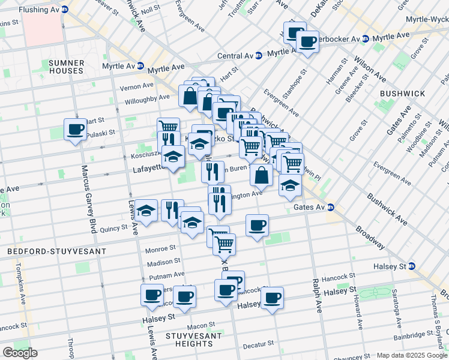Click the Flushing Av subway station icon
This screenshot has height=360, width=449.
65,10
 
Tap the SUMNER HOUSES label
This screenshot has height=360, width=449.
65,67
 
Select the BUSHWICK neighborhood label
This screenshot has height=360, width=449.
402,94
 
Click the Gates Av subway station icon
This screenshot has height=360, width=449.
331,208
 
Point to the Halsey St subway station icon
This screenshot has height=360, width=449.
412,266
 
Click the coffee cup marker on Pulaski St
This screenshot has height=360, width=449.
76,129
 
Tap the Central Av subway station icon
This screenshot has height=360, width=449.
258,56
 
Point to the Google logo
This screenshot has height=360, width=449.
20,352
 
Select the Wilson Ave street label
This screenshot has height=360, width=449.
370,70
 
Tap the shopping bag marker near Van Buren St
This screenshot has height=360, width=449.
261,175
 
